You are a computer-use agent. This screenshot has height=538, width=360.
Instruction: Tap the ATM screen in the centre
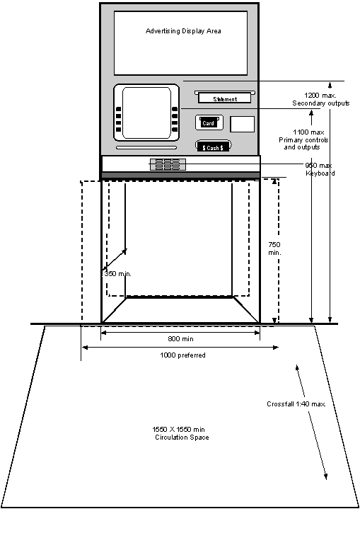pyautogui.click(x=146, y=113)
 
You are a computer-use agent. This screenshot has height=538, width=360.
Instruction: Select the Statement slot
pyautogui.click(x=224, y=98)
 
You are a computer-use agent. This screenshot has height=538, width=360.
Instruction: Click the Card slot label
pyautogui.click(x=209, y=122)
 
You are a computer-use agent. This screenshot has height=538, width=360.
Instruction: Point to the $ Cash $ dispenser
pyautogui.click(x=213, y=147)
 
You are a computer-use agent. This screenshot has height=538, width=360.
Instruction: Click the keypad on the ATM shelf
pyautogui.click(x=168, y=164)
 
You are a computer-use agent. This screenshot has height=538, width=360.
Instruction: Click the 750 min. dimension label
pyautogui.click(x=274, y=248)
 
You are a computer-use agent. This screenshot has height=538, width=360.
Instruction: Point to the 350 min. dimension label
pyautogui.click(x=118, y=274)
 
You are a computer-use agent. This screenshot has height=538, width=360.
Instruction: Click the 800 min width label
pyautogui.click(x=180, y=339)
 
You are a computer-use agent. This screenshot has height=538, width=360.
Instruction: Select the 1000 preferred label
pyautogui.click(x=181, y=355)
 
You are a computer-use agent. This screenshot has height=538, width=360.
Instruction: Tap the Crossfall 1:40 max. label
pyautogui.click(x=296, y=404)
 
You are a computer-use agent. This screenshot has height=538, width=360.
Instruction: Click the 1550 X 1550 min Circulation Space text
pyautogui.click(x=180, y=435)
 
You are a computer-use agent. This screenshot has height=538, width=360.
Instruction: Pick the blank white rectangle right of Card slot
pyautogui.click(x=242, y=125)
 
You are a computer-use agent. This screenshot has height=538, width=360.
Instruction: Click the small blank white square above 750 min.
pyautogui.click(x=293, y=212)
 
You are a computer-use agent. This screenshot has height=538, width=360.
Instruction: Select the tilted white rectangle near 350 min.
pyautogui.click(x=118, y=270)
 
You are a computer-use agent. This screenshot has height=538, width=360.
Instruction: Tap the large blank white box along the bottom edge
pyautogui.click(x=187, y=524)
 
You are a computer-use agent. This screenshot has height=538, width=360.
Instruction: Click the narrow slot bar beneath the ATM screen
pyautogui.click(x=146, y=147)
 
